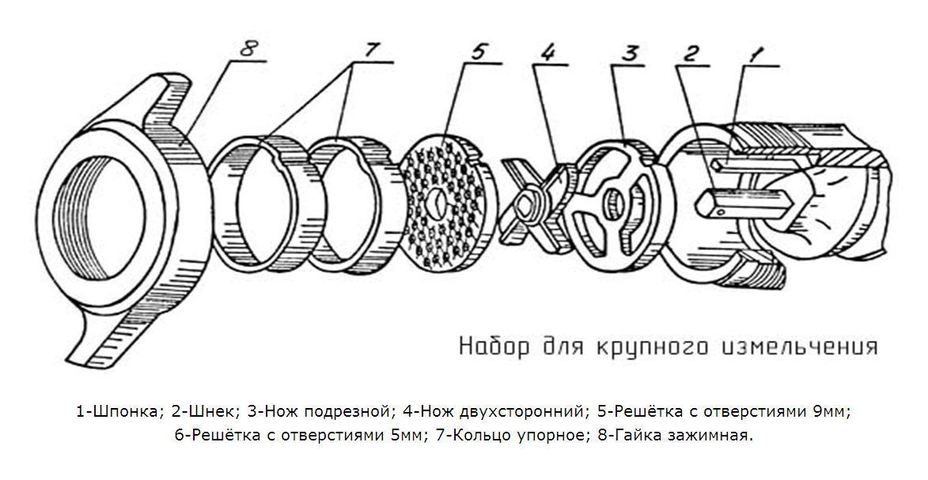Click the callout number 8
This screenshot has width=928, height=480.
coord(248,49)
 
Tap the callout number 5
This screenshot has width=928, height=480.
coord(478,51)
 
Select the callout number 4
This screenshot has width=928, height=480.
coord(547,52)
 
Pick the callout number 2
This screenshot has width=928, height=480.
coord(690,53)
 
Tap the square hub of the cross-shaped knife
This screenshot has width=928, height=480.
coord(525,206)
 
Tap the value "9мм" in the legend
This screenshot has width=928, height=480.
coord(831,410)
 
